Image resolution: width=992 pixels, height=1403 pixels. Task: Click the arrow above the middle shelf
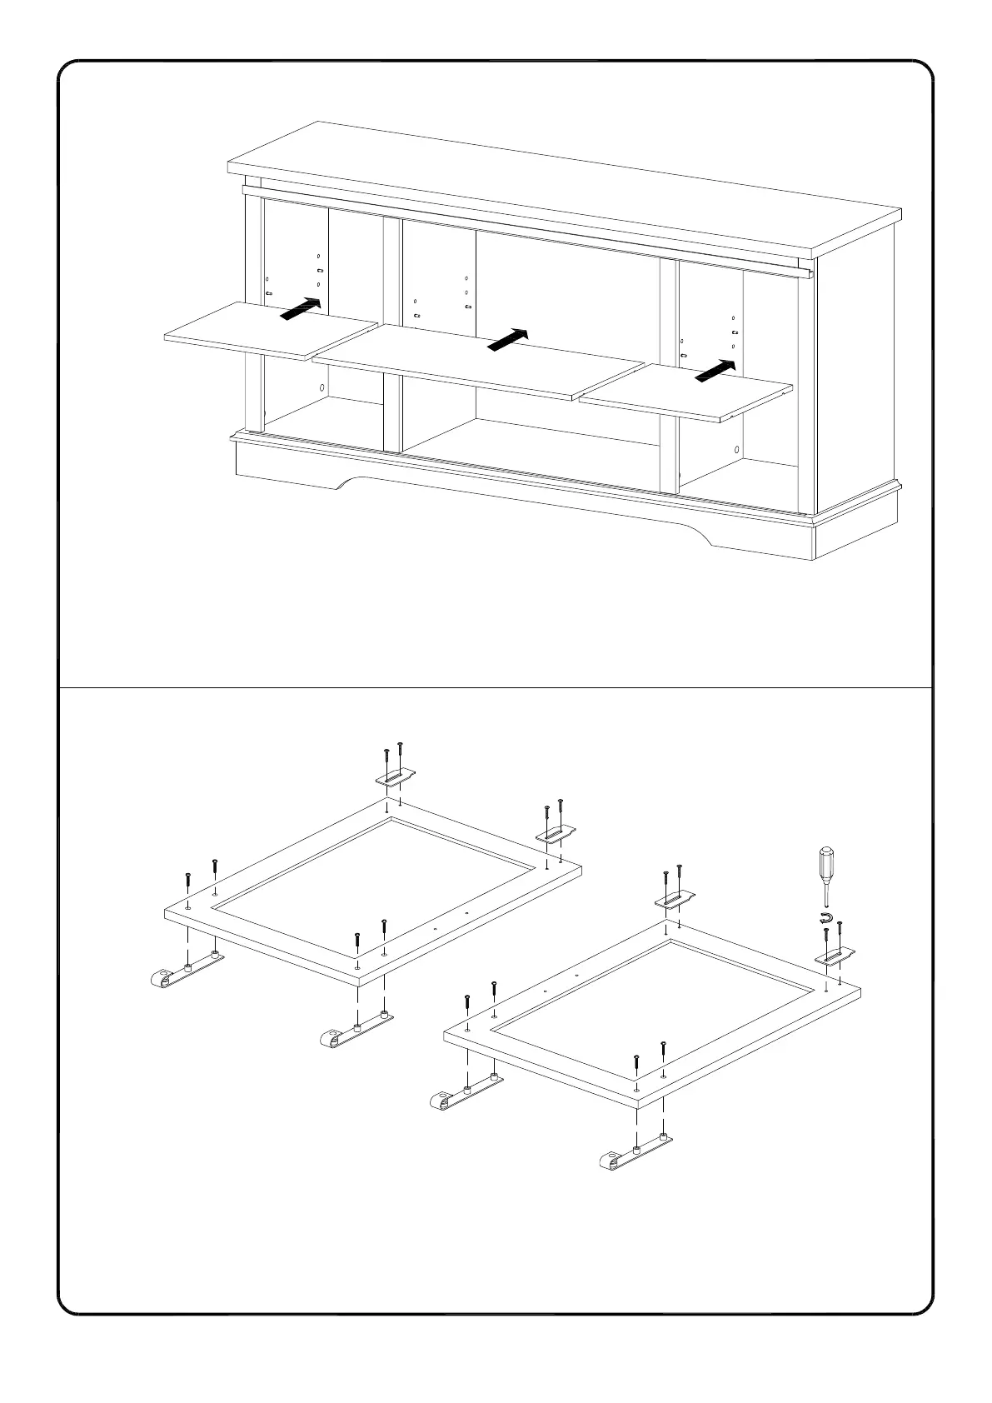coord(507,340)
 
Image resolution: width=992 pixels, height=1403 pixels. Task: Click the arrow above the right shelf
coord(716,371)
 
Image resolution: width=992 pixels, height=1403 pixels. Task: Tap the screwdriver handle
coord(825,866)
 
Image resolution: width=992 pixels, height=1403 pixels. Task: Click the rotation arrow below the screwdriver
coord(825,918)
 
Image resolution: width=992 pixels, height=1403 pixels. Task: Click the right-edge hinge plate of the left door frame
coord(553,833)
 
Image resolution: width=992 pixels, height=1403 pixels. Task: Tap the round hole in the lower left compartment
coord(322,388)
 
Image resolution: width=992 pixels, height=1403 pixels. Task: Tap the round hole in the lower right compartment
coord(738,450)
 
